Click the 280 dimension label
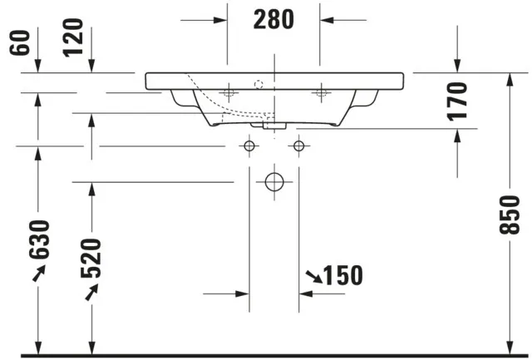coord(273,19)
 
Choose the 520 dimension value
coord(91,259)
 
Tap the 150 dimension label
coord(342,275)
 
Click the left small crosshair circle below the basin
coord(248,146)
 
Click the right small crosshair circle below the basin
coord(298,146)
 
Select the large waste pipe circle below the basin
coord(273,181)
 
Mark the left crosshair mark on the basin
coord(228,94)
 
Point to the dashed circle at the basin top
coord(259,84)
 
